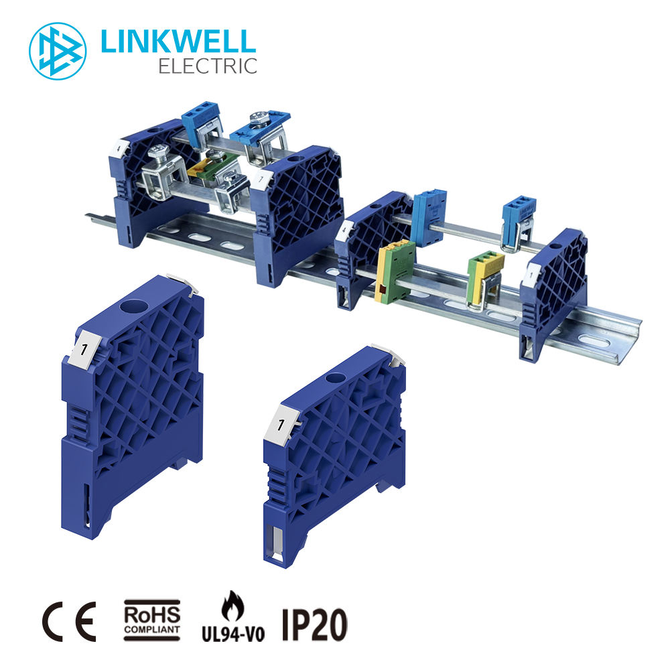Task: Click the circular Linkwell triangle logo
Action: pos(58,52)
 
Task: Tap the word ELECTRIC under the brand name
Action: pos(208,66)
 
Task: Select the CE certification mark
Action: pos(69,621)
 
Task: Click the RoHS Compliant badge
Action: pos(151,620)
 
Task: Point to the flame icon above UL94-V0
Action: pos(233,607)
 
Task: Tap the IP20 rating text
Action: pos(314,624)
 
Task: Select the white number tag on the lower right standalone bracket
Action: pos(281,424)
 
